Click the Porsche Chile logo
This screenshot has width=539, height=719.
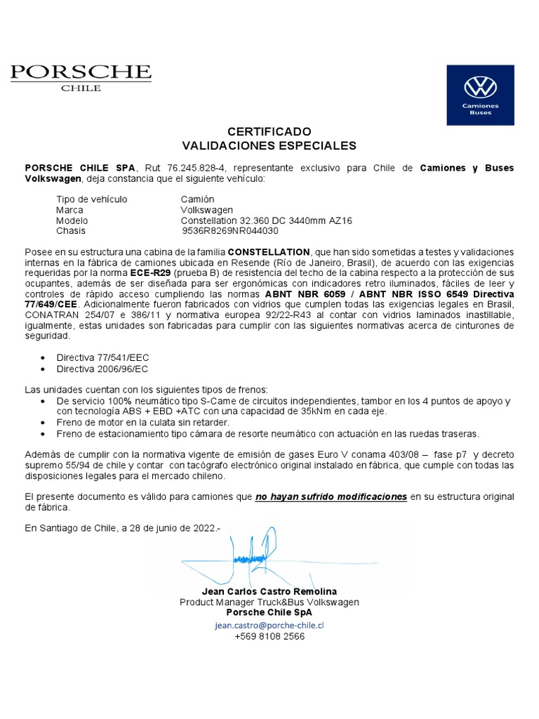[x=80, y=77]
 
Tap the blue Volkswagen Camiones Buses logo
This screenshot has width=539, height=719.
[x=480, y=95]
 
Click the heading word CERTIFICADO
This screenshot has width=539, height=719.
[x=269, y=132]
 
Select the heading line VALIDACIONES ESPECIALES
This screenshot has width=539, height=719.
[x=269, y=146]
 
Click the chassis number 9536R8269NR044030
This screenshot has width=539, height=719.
[x=230, y=230]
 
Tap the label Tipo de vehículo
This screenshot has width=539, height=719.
[x=91, y=199]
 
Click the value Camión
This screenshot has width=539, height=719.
[x=197, y=199]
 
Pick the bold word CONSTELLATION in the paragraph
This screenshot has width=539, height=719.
[x=269, y=251]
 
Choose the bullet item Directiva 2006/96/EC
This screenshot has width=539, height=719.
[x=102, y=369]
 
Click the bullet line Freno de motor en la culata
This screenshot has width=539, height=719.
[x=142, y=423]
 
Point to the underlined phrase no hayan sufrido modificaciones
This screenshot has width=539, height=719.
[x=331, y=496]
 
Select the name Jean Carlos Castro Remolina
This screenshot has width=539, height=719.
[x=269, y=592]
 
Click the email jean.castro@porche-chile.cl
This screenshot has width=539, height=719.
[x=269, y=624]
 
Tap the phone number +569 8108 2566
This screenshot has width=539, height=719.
[x=269, y=636]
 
